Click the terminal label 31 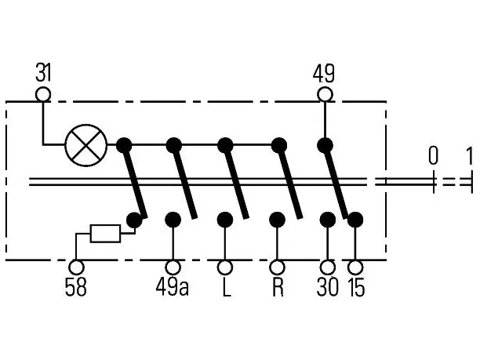click(43, 73)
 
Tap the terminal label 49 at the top click(324, 74)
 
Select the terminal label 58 click(75, 287)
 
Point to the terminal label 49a click(173, 287)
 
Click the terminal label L click(226, 287)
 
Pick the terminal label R click(278, 287)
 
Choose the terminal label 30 click(328, 287)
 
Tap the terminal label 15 click(357, 287)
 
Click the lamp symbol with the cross click(86, 145)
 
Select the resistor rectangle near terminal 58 click(105, 234)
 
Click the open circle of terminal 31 click(43, 94)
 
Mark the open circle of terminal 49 click(325, 94)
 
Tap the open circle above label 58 click(76, 267)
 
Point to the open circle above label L click(225, 267)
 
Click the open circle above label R click(277, 267)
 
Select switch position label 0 click(433, 155)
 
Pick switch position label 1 click(469, 155)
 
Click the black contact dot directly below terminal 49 click(325, 145)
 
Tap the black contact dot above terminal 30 click(328, 220)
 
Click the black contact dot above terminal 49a click(173, 220)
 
